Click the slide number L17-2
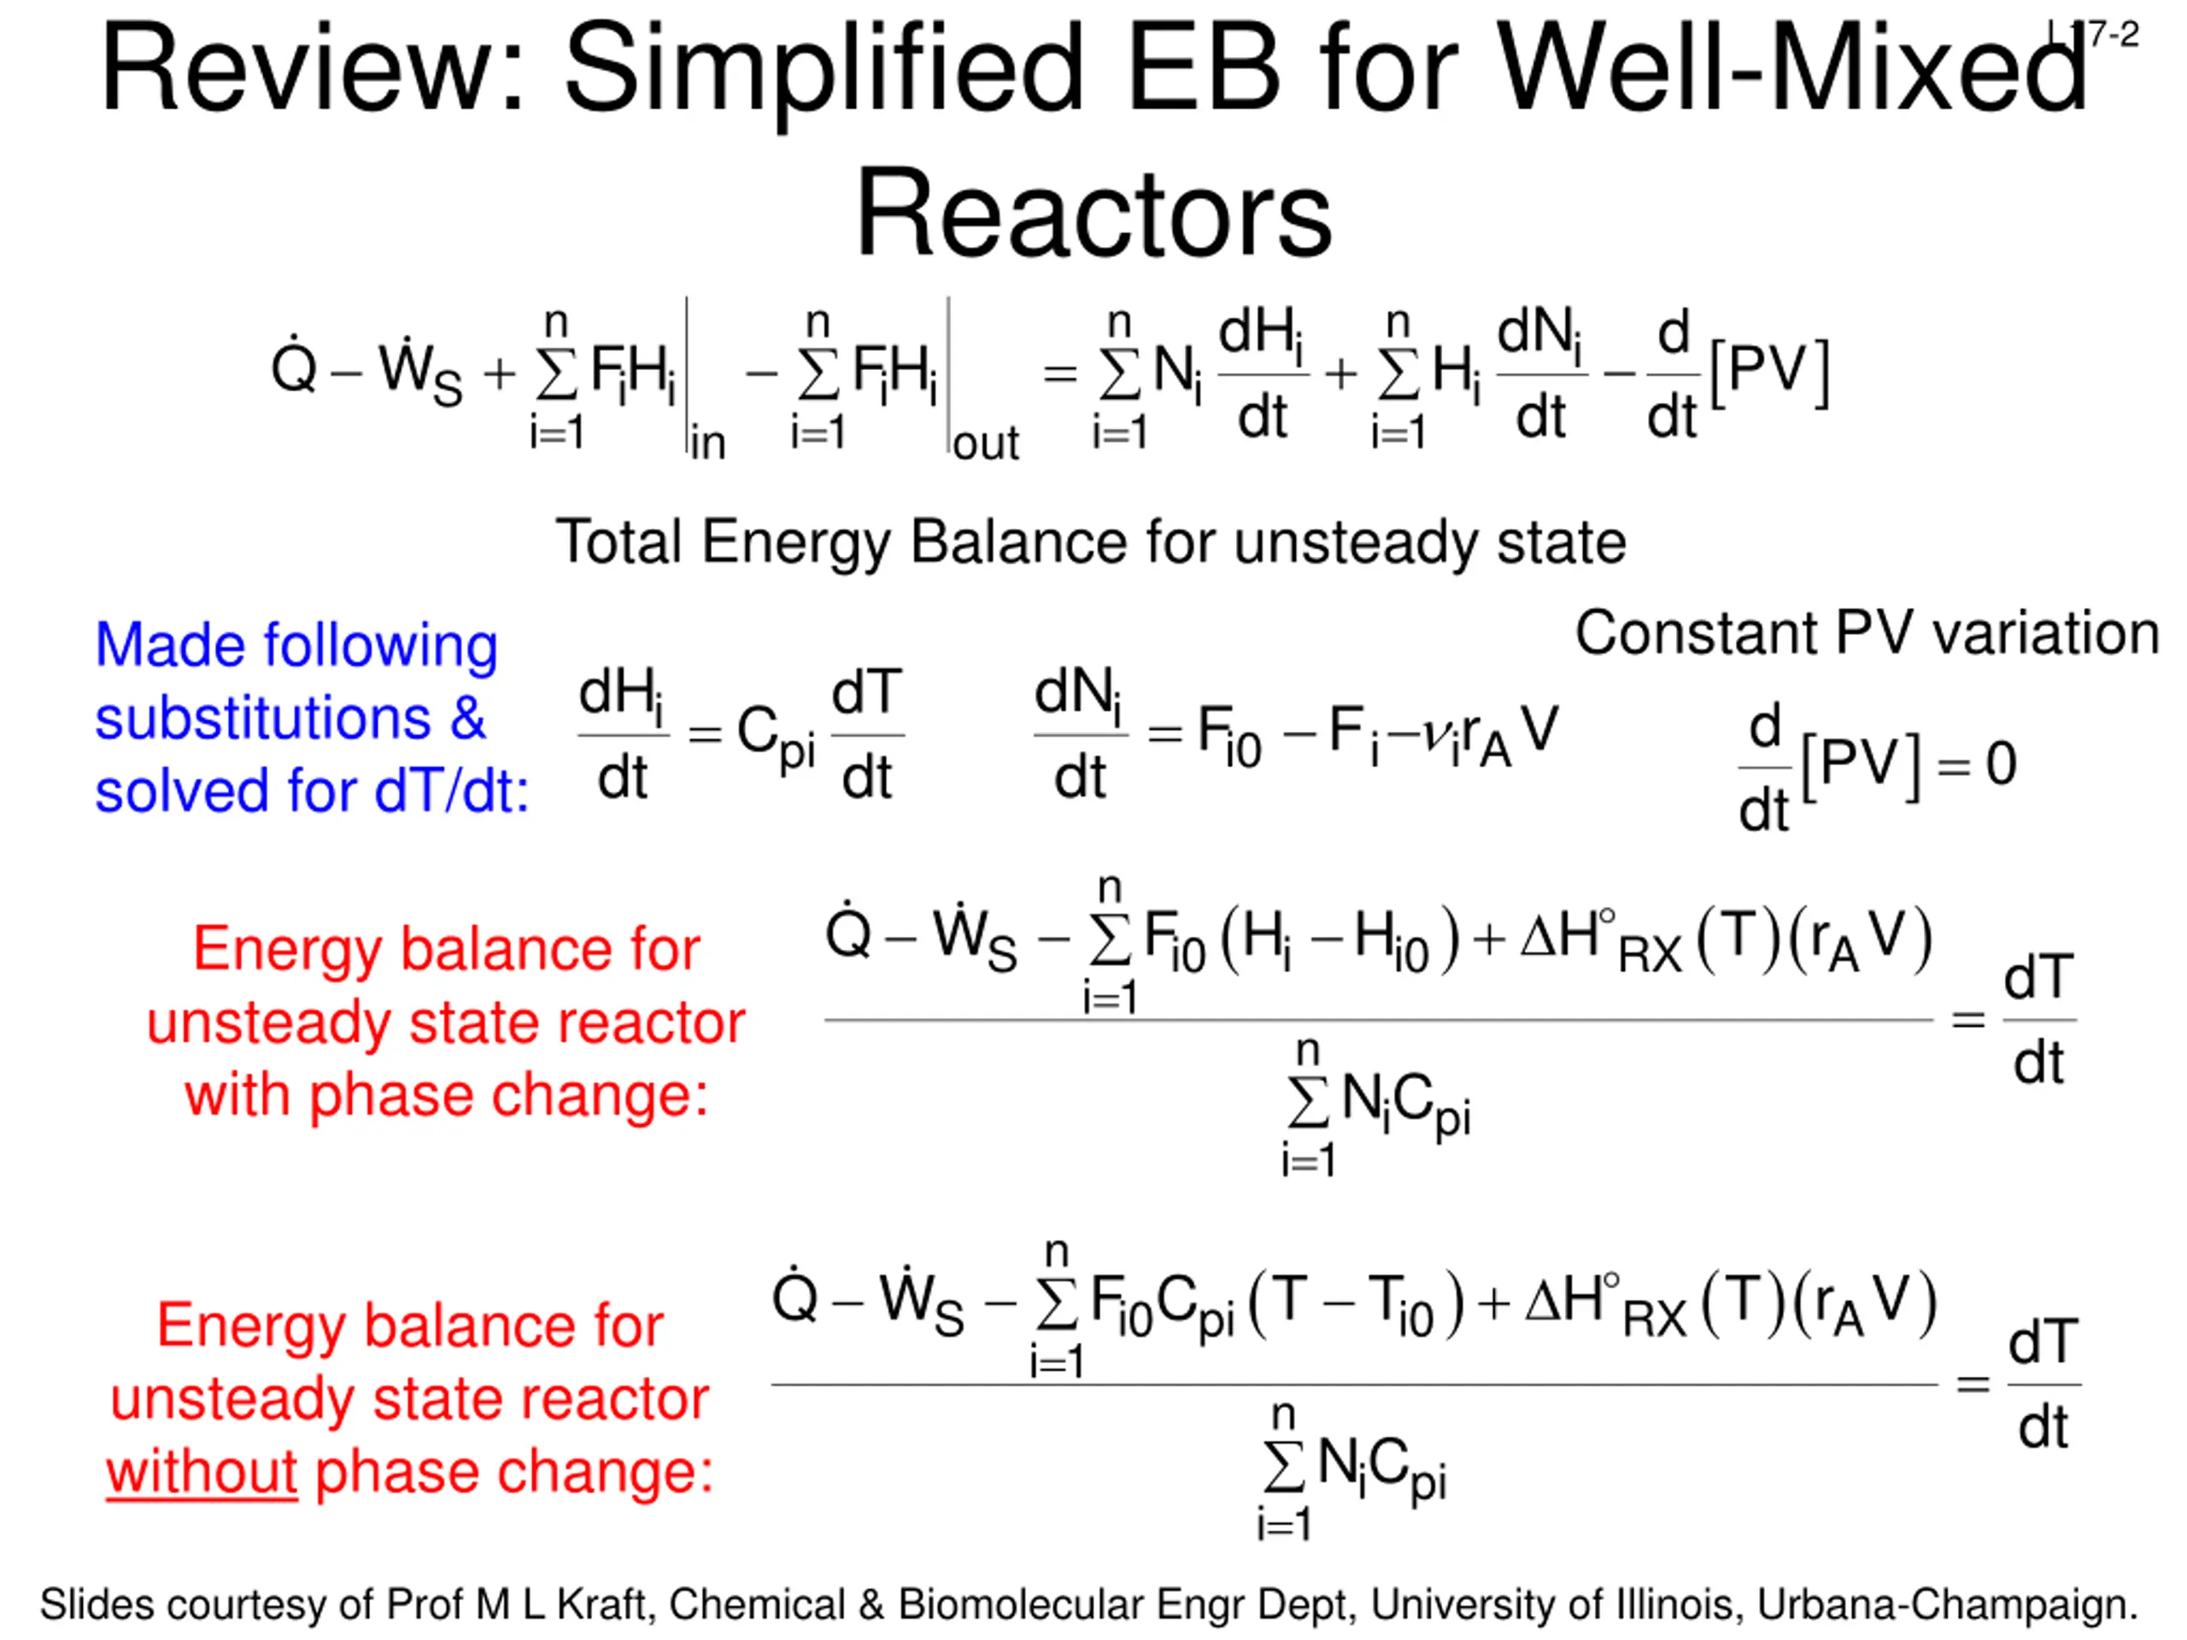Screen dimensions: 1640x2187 pos(2092,36)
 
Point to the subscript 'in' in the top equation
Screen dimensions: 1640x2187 pos(708,444)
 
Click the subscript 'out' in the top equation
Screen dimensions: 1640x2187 pos(986,444)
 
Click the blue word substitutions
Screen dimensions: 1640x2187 pos(263,717)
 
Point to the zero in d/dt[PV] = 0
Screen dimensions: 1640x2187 pos(2001,764)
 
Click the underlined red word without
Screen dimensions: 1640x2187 pos(202,1472)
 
